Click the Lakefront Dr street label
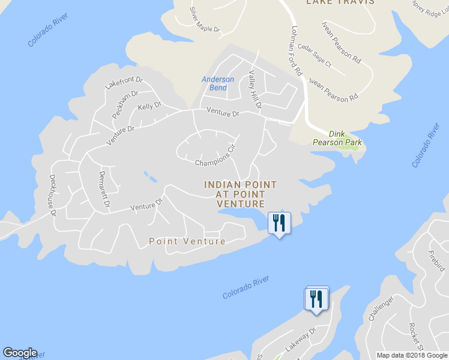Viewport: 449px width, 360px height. point(124,83)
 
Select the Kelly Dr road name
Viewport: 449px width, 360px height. point(149,106)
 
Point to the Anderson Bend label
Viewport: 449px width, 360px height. point(217,83)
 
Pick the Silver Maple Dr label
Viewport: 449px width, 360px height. point(205,20)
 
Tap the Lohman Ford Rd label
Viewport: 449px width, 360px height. point(296,51)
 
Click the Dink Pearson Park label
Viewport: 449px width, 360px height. point(337,137)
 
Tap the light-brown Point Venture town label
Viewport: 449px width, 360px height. point(187,241)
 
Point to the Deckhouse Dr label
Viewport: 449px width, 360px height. point(53,195)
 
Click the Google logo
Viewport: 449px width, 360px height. point(20,353)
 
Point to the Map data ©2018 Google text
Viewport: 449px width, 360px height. point(412,355)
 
